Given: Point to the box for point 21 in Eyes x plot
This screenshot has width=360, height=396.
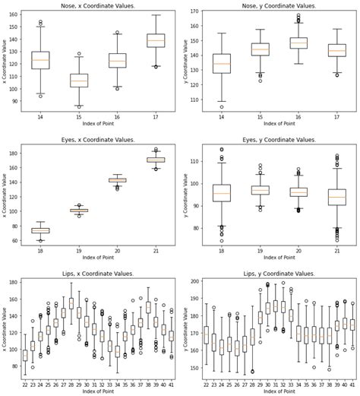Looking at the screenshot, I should (x=155, y=160).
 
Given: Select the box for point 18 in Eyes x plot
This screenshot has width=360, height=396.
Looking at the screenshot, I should (x=40, y=230).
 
